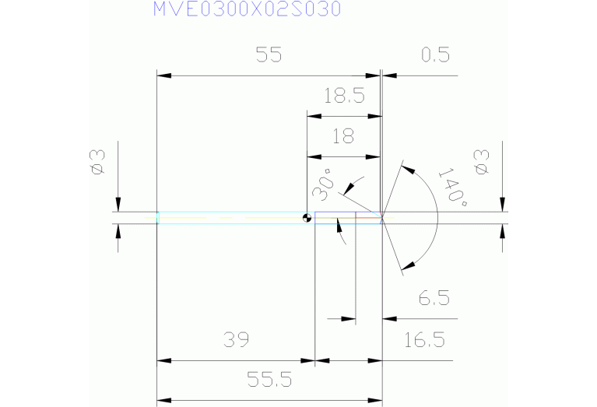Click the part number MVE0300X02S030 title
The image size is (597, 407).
247,9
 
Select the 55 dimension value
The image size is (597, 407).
269,54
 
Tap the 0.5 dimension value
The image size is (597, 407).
436,54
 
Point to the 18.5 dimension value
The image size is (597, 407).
344,96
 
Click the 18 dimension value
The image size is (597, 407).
343,136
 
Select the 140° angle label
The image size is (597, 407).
453,186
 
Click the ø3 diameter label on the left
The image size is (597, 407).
97,162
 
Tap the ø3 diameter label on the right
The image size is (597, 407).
481,162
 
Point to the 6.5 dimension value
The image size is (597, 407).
434,298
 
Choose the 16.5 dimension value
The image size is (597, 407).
424,339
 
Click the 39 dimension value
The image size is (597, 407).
236,339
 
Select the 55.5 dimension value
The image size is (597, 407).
269,380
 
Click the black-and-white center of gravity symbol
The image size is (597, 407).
307,218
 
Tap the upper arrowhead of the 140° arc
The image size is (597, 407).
408,170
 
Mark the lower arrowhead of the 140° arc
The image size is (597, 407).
409,265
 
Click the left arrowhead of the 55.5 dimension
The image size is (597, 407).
164,401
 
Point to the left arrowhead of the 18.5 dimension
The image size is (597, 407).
314,116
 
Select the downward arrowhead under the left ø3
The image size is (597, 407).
118,205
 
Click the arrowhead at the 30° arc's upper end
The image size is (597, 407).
349,188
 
